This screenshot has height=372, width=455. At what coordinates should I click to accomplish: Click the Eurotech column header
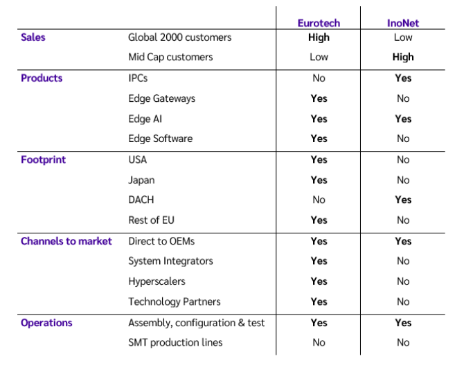(319, 23)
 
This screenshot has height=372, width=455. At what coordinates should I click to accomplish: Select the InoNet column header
(402, 23)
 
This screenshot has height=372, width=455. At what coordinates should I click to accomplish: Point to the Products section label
(42, 78)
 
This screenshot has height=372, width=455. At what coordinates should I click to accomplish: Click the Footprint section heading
(43, 159)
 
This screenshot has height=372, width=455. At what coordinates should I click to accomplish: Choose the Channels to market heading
(66, 241)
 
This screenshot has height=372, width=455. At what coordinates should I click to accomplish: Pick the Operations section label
(46, 322)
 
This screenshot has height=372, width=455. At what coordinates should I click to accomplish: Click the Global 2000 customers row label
(179, 37)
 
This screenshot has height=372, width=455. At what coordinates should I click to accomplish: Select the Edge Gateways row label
(161, 98)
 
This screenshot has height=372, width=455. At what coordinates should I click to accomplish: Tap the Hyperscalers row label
(157, 281)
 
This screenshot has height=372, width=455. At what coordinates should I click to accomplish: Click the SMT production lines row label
(175, 342)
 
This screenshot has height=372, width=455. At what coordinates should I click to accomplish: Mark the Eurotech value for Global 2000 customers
(319, 37)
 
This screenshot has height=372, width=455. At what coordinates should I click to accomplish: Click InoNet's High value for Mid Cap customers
(402, 57)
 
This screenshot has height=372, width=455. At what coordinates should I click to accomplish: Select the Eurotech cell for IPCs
(319, 78)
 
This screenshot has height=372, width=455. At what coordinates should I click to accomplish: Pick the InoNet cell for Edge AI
(402, 118)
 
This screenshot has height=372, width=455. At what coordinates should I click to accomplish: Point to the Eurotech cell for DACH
(319, 200)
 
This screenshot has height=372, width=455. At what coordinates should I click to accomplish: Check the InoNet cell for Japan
(402, 179)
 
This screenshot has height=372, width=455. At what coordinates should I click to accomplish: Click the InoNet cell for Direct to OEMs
(402, 241)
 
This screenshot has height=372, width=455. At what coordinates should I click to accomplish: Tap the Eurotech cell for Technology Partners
(319, 301)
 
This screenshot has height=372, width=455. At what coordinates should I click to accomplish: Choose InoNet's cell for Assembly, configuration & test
(402, 322)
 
